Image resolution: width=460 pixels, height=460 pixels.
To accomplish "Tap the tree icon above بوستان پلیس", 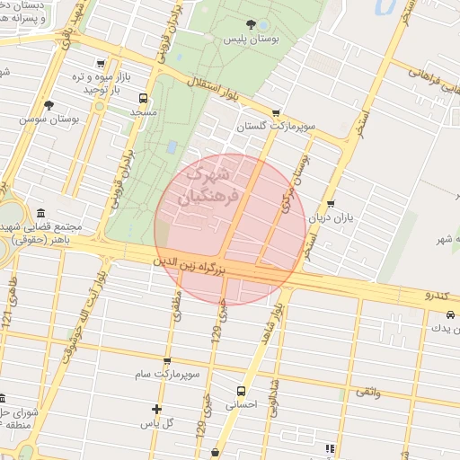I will [x=251, y=25].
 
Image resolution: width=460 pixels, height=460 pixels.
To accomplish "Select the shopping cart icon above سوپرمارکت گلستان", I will [x=275, y=113].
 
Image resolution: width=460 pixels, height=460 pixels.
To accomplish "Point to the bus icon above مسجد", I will [x=143, y=98].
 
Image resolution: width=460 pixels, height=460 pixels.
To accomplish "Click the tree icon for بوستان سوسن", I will [x=49, y=105].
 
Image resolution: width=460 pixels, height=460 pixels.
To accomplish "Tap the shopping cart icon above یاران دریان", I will [x=332, y=204].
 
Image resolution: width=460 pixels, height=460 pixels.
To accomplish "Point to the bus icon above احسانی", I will [x=241, y=391].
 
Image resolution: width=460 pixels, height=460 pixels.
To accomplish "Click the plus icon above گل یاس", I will [x=156, y=409].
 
